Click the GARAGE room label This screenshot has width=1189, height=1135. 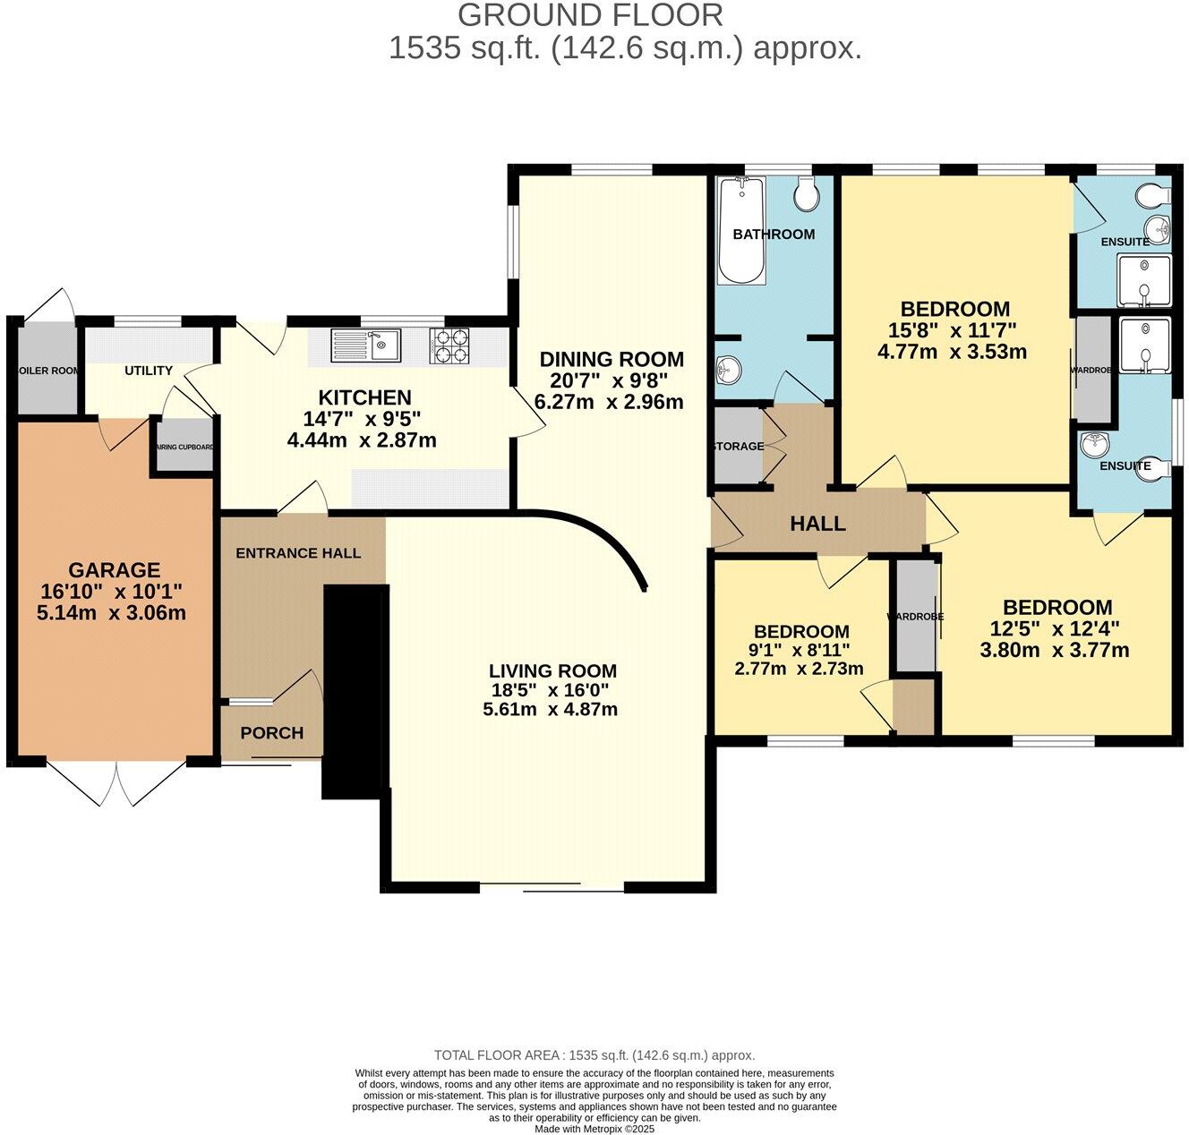114,570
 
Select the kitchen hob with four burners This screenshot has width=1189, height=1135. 450,345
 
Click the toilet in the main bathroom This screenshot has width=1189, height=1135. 807,193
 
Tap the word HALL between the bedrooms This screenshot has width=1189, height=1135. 817,524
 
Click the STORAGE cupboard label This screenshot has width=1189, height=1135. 738,446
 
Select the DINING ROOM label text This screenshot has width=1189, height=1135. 612,360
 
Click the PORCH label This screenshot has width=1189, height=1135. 272,733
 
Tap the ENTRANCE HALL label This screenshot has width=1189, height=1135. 298,553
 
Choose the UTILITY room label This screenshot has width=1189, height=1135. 149,371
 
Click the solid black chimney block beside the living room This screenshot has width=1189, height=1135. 354,689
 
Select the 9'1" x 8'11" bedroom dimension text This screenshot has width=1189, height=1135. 800,651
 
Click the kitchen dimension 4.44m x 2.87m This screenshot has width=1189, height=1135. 362,439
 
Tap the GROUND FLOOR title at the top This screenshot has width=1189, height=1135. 590,15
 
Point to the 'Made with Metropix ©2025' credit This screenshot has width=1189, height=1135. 594,1129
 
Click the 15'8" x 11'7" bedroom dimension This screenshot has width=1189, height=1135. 953,330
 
